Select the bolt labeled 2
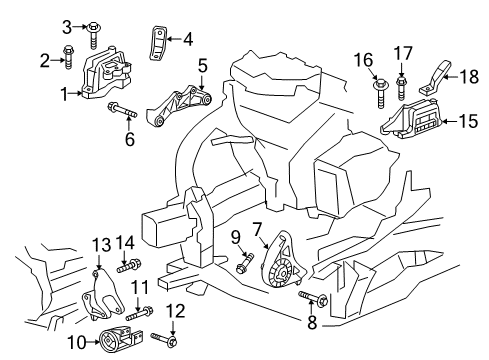point(69,54)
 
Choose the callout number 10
point(82,343)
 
